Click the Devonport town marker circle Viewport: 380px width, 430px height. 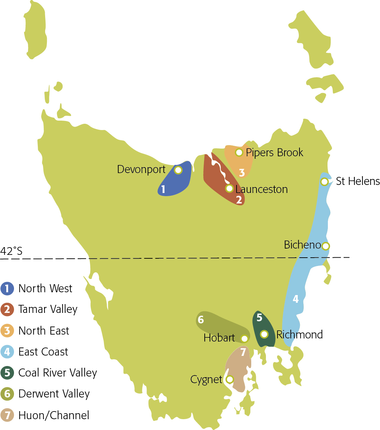point(178,170)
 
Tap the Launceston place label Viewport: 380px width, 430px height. point(261,189)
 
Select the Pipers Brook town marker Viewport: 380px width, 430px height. point(239,152)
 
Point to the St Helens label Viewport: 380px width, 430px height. point(358,181)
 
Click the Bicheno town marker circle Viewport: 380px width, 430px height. point(325,246)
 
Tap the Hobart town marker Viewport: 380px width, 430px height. point(245,338)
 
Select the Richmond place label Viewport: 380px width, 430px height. point(300,335)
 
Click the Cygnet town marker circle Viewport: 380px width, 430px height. point(230,379)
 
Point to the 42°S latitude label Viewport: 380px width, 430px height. point(11,251)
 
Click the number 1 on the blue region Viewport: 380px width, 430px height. point(163,189)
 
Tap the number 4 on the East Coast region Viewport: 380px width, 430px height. point(296,299)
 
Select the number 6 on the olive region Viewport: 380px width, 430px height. point(201,320)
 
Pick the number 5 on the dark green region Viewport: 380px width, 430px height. point(259,317)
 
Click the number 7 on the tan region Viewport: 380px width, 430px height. point(243,352)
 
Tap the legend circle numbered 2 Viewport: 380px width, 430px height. point(7,309)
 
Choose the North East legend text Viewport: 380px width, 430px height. point(44,331)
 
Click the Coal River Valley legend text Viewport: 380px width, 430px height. point(57,373)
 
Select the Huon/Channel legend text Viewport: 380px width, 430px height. point(54,415)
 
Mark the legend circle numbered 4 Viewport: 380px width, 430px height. point(7,352)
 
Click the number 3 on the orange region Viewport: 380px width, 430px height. point(242,172)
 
